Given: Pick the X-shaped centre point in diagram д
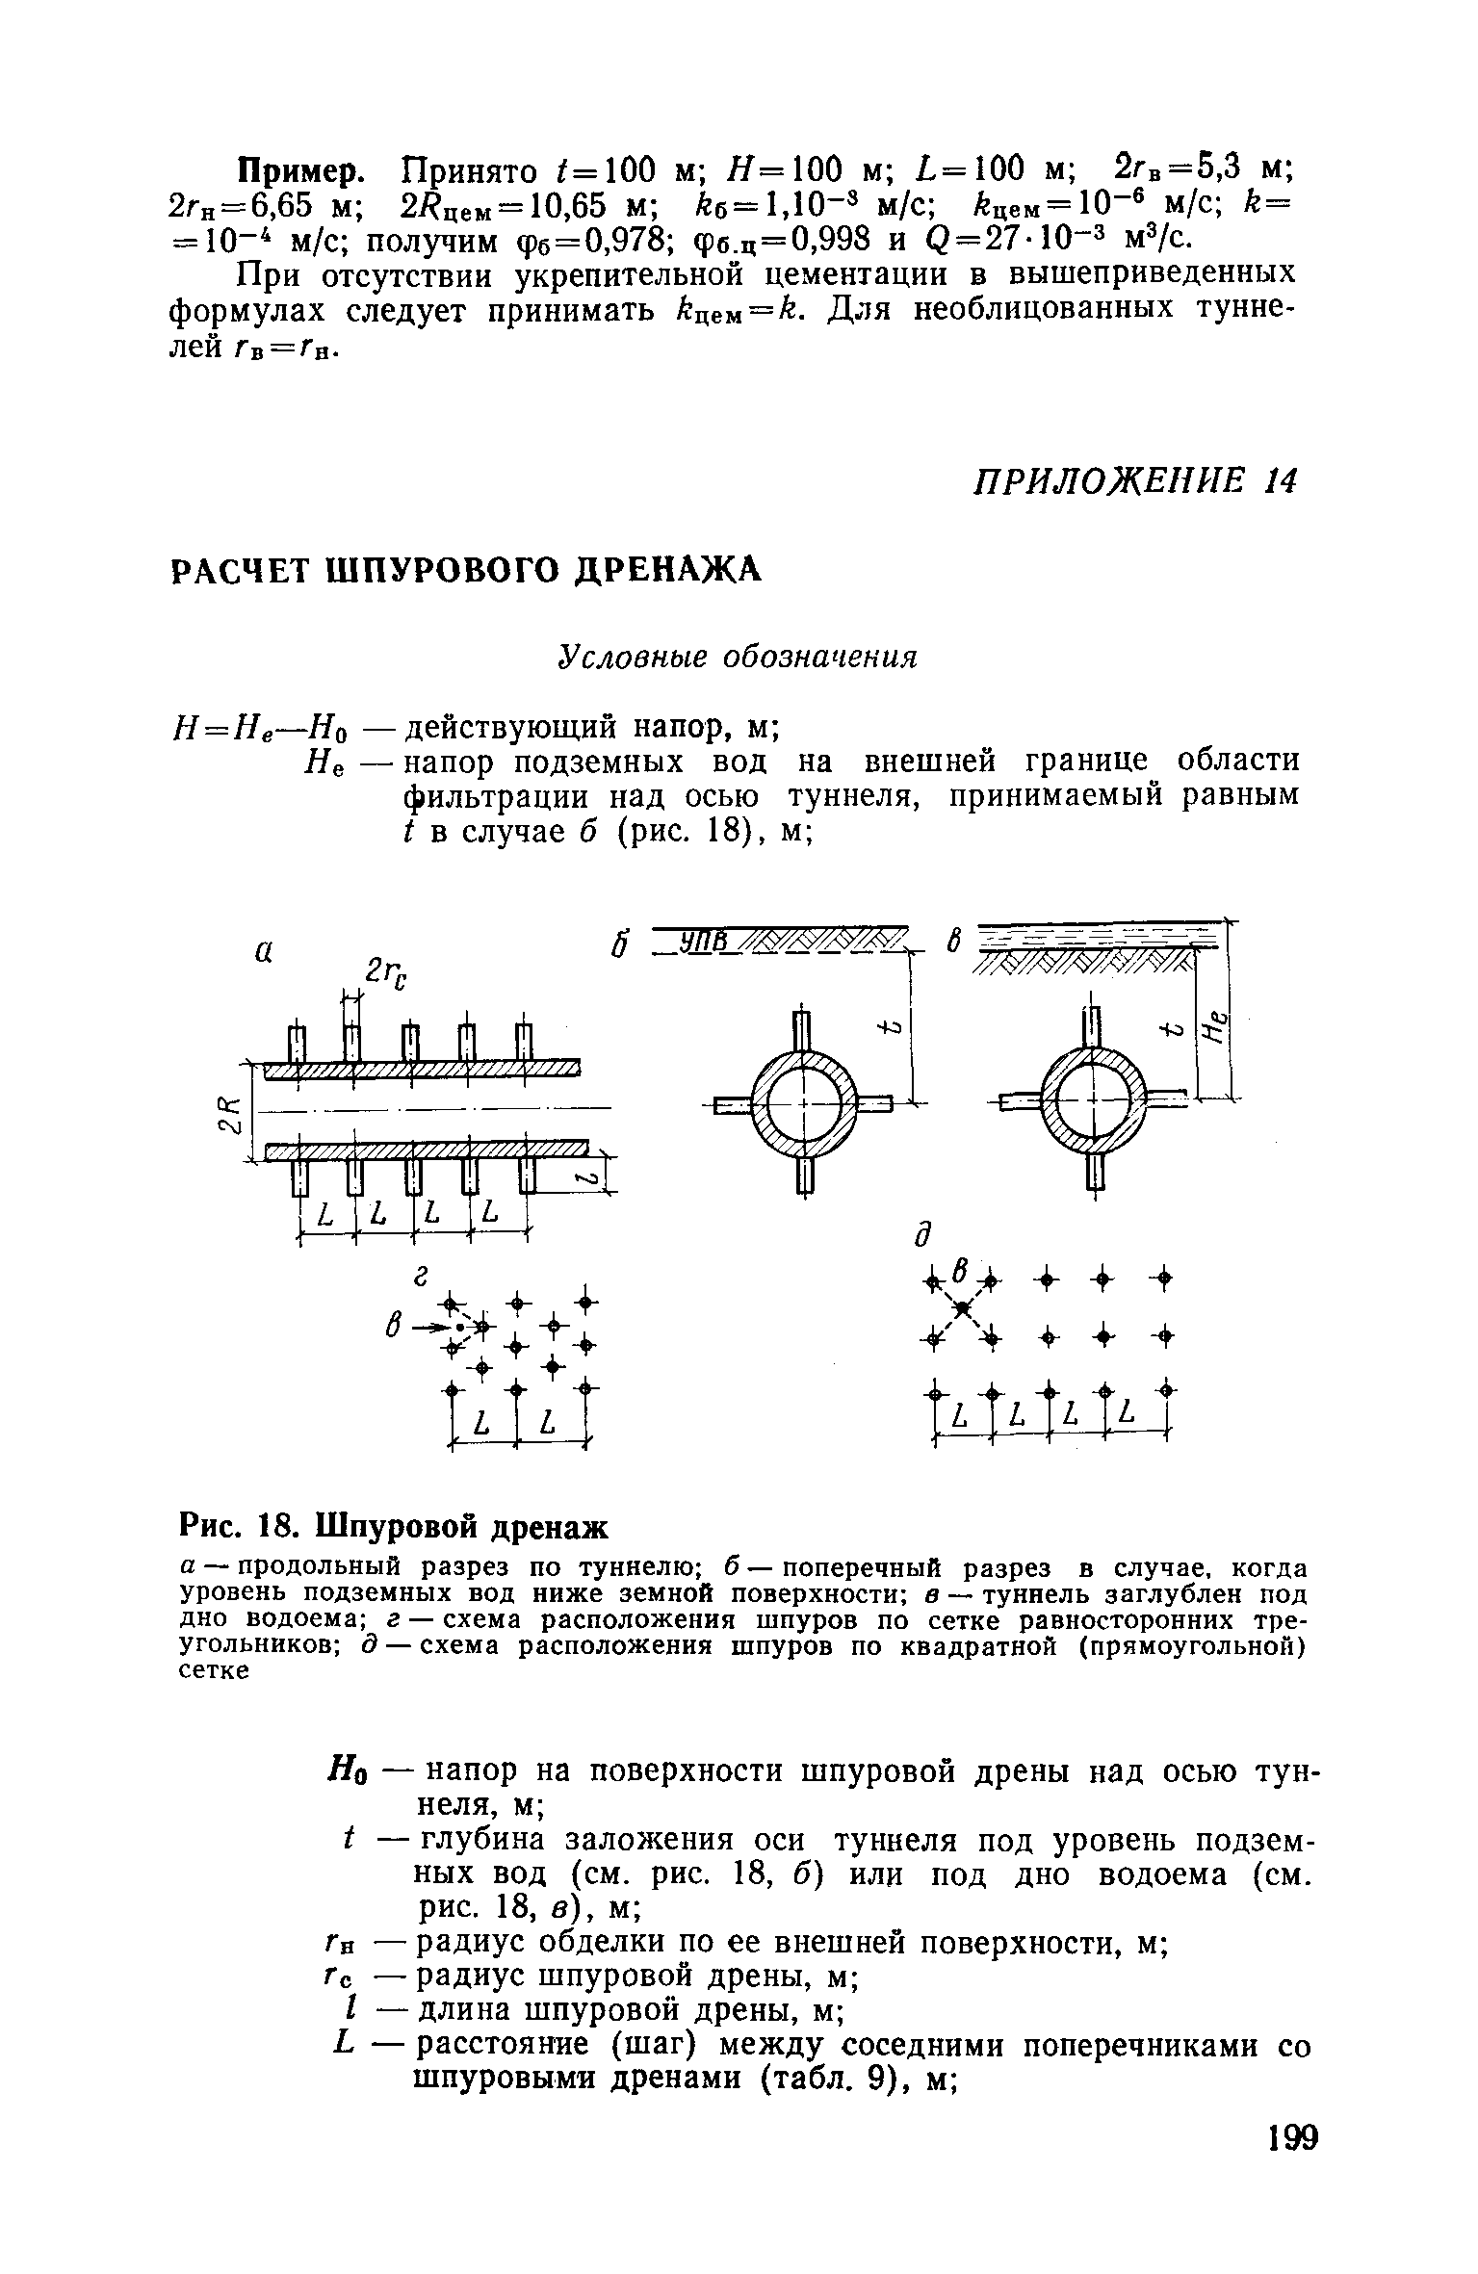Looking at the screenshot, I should click(960, 1306).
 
